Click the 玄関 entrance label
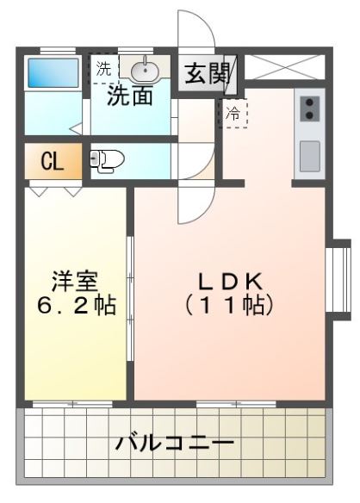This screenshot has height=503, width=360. [207, 72]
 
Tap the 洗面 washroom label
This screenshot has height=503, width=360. [131, 96]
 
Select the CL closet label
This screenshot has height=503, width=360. [52, 161]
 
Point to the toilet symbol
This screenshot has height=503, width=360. [107, 159]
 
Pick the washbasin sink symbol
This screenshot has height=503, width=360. [143, 68]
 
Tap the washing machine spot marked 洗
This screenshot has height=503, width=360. [103, 67]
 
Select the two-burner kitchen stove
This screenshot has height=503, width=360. [309, 109]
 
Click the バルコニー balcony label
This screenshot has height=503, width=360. [176, 444]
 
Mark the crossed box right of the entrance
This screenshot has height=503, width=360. [285, 68]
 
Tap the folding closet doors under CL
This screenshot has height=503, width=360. [52, 186]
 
